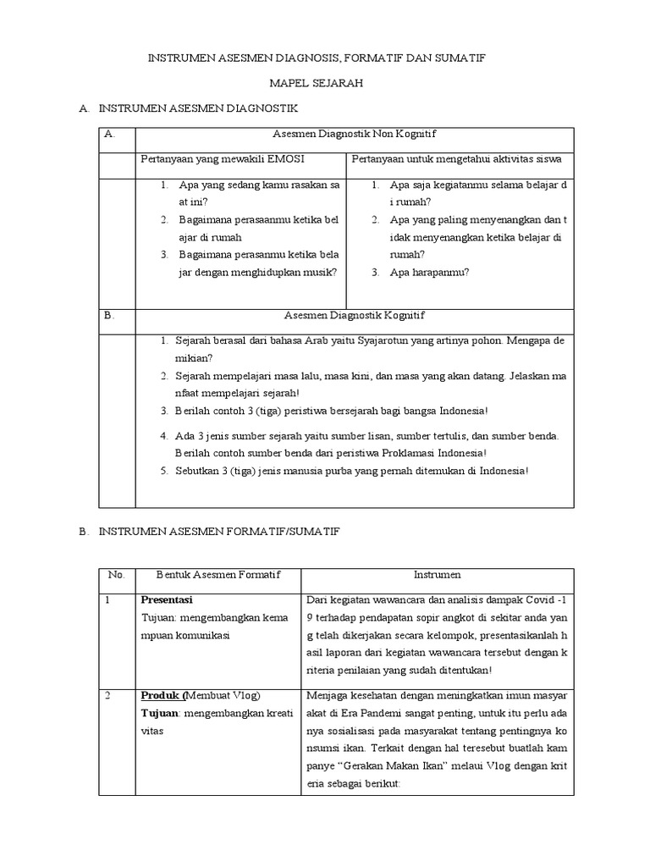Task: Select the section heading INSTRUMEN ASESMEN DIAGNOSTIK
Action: (198, 109)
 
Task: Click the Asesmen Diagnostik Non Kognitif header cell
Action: (354, 134)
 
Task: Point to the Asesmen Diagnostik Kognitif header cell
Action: (354, 315)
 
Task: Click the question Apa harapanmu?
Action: (429, 272)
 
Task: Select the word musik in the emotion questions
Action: (318, 272)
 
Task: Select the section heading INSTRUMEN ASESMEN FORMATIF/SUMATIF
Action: (218, 531)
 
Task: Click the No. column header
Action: (117, 574)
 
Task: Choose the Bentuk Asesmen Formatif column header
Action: (217, 574)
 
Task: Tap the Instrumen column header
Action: (437, 574)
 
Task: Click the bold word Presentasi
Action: (167, 599)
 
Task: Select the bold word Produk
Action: (161, 695)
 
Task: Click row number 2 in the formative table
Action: (107, 695)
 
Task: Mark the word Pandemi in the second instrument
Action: (396, 713)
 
